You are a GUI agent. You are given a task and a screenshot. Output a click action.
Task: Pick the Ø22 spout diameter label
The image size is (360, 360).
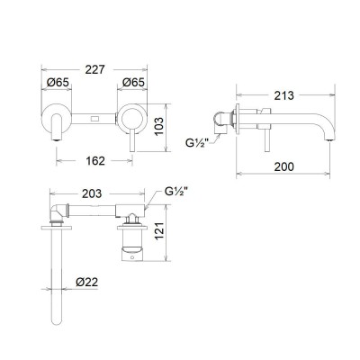(88, 282)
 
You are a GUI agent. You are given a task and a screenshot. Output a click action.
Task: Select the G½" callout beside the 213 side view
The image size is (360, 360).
(200, 140)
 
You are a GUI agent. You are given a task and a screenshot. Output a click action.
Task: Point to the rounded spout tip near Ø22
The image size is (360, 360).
(57, 319)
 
